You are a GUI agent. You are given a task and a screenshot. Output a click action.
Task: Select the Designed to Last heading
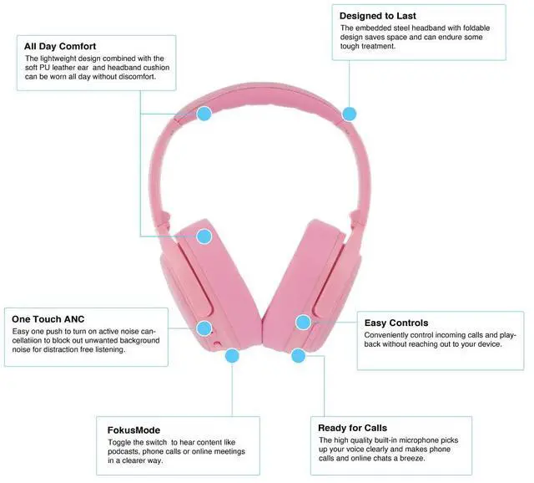tap(377, 15)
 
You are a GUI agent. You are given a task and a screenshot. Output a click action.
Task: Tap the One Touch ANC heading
tap(48, 319)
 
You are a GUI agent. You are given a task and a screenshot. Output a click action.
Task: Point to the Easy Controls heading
tap(396, 323)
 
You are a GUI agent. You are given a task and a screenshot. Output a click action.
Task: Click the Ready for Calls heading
tap(352, 428)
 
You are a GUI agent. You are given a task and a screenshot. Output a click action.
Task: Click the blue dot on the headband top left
tap(204, 112)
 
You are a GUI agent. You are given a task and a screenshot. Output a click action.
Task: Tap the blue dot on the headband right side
tap(349, 113)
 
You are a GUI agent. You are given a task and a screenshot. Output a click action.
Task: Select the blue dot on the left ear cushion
tap(204, 236)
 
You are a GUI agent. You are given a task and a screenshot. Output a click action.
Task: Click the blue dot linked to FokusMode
tap(231, 355)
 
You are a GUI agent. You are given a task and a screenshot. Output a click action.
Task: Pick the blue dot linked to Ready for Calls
tap(299, 355)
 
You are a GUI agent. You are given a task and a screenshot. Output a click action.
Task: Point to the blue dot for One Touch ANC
tap(203, 328)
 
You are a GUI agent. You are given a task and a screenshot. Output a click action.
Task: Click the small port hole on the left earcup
tap(217, 342)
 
